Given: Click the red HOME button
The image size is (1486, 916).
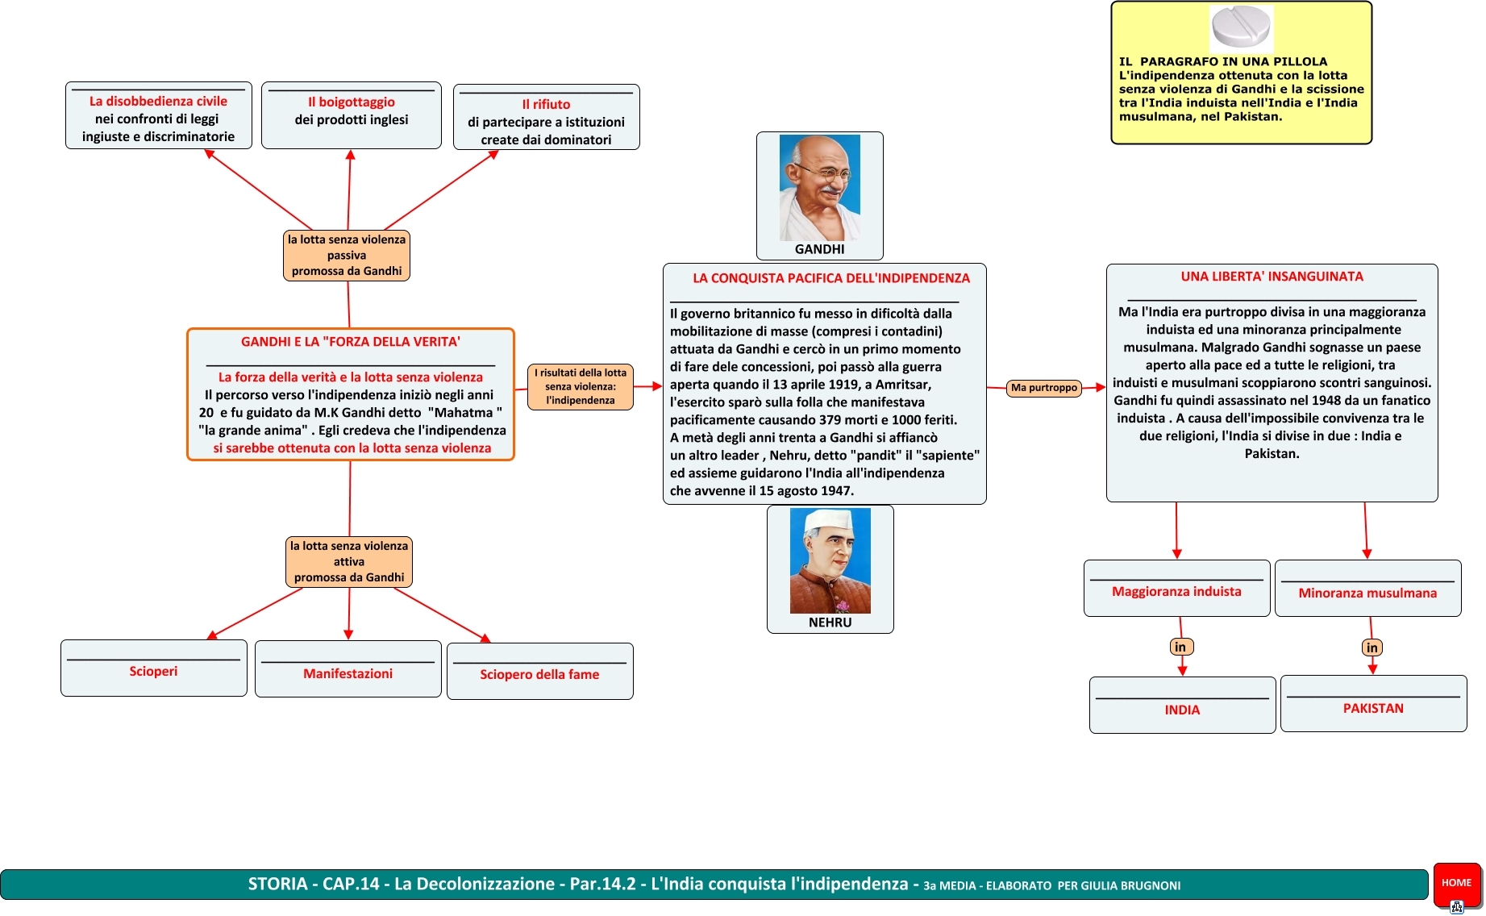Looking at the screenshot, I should click(x=1456, y=882).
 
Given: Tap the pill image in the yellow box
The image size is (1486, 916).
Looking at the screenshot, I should click(x=1241, y=28).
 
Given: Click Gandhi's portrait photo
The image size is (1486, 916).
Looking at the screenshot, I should click(x=819, y=187).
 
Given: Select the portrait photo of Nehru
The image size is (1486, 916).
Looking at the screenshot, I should click(x=830, y=560).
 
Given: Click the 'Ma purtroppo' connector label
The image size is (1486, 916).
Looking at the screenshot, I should click(x=1044, y=388).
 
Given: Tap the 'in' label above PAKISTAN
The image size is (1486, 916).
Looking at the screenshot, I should click(x=1372, y=647).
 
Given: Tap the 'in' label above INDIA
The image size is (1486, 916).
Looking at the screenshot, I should click(x=1180, y=647).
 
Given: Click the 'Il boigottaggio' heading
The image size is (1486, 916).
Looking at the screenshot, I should click(x=352, y=102).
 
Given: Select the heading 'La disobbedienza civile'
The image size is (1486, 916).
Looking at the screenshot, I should click(x=158, y=102).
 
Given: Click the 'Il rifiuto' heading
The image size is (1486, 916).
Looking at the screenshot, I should click(x=546, y=105).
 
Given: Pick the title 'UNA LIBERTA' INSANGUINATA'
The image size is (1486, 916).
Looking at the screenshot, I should click(x=1272, y=277).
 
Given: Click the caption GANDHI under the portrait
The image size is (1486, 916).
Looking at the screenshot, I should click(x=819, y=249).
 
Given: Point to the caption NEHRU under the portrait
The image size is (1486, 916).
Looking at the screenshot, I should click(x=830, y=622).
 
